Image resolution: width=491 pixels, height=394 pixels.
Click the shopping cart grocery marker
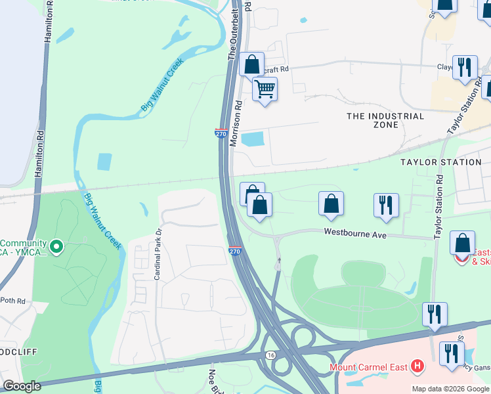point(265,89)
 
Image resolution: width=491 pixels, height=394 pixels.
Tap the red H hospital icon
point(416,366)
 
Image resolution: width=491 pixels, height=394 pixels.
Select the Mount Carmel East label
point(368,366)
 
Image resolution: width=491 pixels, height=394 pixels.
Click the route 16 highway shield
point(270,355)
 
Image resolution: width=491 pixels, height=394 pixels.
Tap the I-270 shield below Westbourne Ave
point(235,252)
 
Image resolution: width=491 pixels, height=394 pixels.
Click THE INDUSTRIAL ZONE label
point(385,120)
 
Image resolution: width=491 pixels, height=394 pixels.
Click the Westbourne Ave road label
point(354,233)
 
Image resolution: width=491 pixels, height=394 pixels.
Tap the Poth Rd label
point(12,301)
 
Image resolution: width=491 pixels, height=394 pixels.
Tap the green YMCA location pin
point(56,247)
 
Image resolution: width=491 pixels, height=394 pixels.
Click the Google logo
point(22,386)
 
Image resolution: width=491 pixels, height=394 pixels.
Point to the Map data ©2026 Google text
point(450,389)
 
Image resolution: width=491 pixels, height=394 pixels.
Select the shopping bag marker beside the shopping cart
point(252,64)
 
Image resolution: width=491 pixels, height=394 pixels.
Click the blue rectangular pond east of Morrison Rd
point(253,139)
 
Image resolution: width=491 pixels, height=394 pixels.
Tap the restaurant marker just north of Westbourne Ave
point(386,205)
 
